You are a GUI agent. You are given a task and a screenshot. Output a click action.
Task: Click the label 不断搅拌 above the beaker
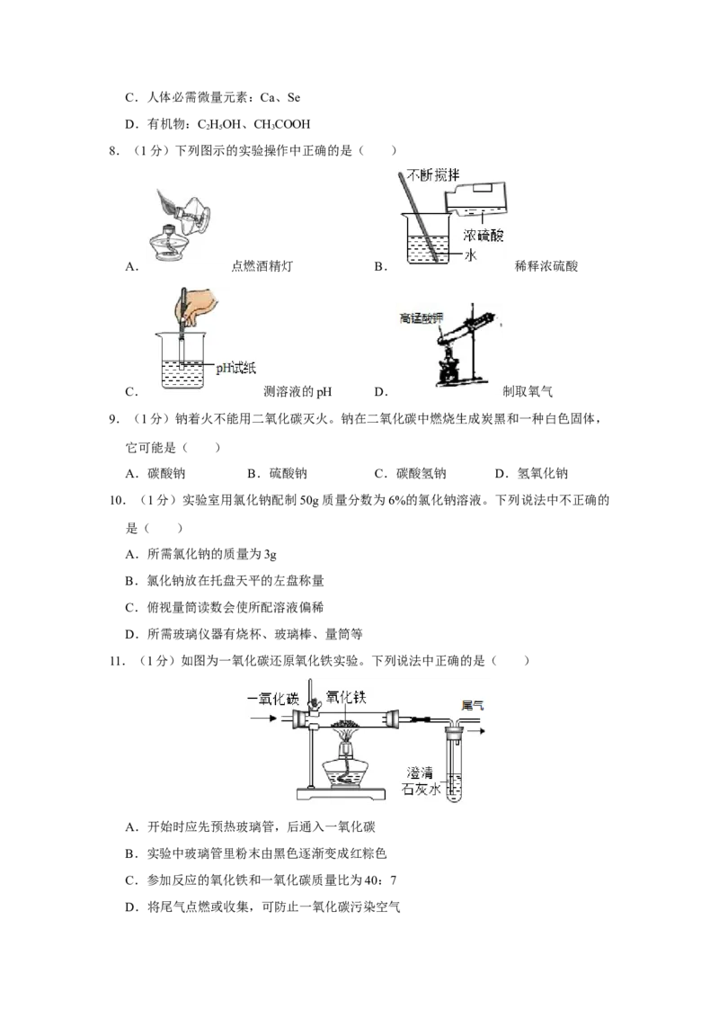tap(433, 174)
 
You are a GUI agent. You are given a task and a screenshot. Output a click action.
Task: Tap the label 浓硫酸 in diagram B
tap(483, 235)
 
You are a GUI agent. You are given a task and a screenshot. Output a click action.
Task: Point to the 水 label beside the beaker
tap(470, 254)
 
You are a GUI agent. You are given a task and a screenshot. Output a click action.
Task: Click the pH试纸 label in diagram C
tap(236, 368)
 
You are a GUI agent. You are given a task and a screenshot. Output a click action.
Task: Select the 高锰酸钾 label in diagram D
tap(422, 318)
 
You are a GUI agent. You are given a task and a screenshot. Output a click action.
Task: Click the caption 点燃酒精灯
tap(262, 266)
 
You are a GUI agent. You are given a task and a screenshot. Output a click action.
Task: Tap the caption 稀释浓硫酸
tap(546, 266)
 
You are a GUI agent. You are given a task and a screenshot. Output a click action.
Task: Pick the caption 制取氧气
tap(528, 391)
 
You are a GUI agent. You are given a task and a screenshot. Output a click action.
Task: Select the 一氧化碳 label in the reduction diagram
tap(273, 700)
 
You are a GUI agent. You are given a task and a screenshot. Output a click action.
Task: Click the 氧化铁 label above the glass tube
tap(346, 697)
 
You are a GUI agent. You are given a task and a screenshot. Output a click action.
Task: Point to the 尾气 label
tap(472, 705)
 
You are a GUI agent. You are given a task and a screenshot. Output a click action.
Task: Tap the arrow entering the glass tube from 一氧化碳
tap(264, 718)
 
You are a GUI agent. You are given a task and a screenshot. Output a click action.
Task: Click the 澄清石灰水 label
tap(422, 781)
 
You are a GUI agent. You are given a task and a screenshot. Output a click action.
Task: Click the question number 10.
tap(117, 501)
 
